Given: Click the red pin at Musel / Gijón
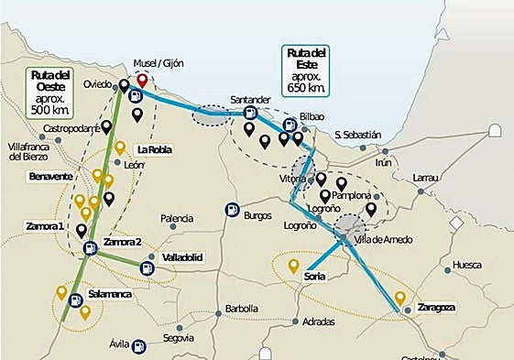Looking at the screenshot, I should pos(140,81).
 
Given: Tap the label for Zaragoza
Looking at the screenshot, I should pos(436,306).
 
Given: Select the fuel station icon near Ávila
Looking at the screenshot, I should pos(137,346).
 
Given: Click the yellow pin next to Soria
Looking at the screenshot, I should pos(293,267).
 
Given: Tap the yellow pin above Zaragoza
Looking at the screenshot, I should pos(399,298).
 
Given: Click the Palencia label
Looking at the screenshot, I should pos(175,218).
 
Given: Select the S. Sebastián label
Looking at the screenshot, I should pos(357,135).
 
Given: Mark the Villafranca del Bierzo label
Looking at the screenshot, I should pos(35,151).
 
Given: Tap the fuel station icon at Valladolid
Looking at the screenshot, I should pos(147,267).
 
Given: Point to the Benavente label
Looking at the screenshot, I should pos(51,176).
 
